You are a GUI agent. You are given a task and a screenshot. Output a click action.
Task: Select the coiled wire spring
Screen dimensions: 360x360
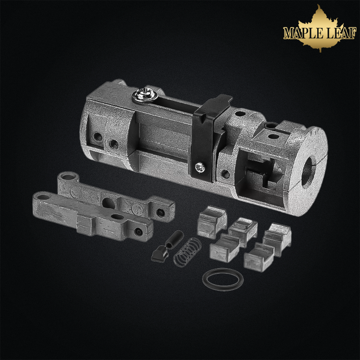coord(187,252)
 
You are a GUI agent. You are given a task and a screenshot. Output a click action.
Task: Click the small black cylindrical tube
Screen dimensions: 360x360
coord(175,239)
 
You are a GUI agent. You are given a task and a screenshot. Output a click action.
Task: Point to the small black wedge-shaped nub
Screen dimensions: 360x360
coord(160,254)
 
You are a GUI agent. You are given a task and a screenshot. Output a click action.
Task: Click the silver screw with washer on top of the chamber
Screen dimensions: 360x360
coord(144,95)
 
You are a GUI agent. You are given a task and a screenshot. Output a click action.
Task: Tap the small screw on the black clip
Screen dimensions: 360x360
coord(200,167)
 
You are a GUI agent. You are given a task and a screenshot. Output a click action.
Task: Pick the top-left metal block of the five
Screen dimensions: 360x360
coord(211,222)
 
